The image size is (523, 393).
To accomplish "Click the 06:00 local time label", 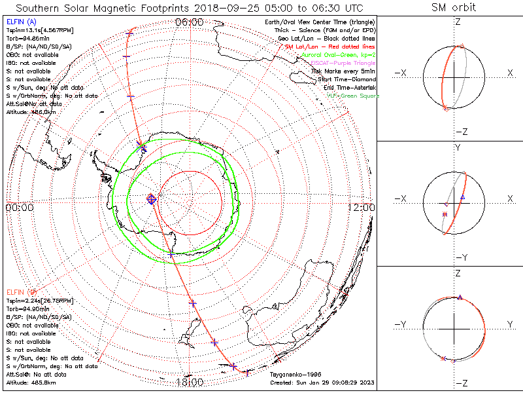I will [190, 22].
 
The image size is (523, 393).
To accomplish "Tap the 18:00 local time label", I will [190, 382].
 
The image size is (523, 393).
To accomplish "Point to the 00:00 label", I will [19, 207].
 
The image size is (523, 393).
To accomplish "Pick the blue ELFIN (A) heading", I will [21, 22].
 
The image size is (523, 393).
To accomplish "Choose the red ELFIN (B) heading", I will [21, 291].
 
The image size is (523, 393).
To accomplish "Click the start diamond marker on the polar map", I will [151, 198].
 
